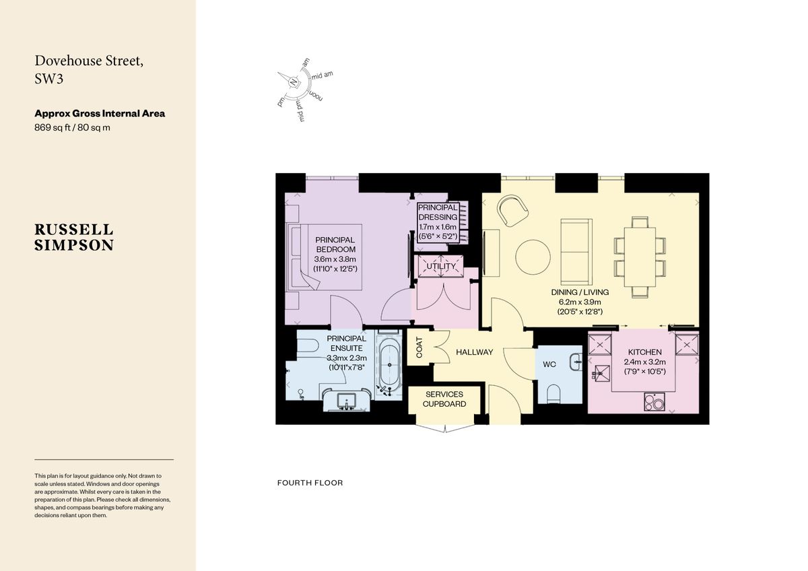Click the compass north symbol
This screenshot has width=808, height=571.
[x=294, y=82]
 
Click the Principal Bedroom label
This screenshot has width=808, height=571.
[x=335, y=244]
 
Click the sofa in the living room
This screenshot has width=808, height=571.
[x=576, y=251]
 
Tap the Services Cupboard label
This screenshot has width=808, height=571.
[x=444, y=399]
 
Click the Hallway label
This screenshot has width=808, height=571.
[x=474, y=352]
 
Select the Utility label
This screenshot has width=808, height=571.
[x=441, y=266]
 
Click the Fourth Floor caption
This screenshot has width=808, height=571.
[x=310, y=483]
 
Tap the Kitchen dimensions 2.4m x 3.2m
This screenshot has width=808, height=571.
[x=644, y=362]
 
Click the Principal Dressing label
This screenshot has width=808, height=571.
[x=438, y=212]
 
